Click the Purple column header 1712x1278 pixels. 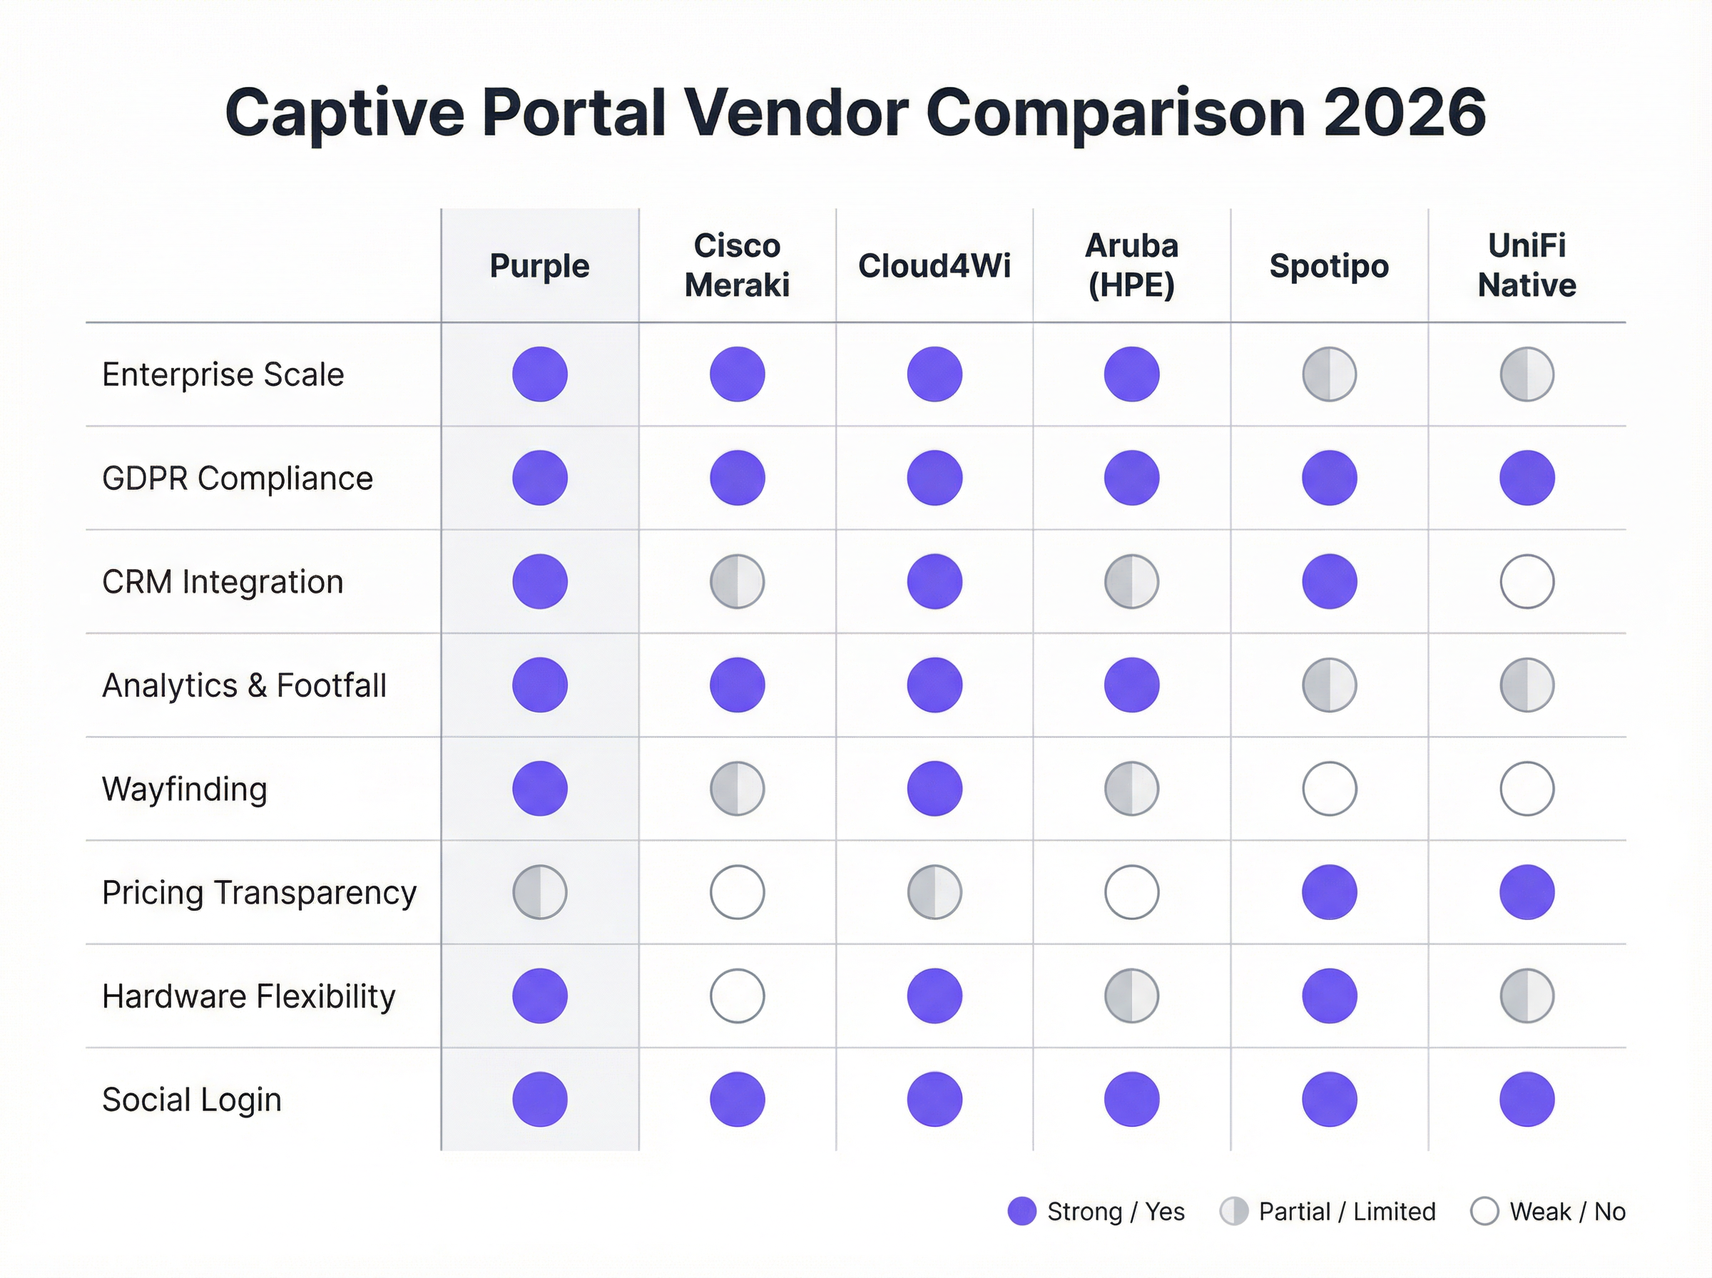(539, 266)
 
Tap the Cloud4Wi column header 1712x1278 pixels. (934, 266)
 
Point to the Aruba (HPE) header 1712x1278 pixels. (1131, 265)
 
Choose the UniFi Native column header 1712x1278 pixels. (1527, 265)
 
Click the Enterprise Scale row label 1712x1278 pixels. (223, 374)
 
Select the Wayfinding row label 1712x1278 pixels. (184, 789)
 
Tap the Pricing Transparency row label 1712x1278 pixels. (259, 893)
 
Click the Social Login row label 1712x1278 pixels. (191, 1099)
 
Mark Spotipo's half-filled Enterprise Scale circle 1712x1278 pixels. (1329, 374)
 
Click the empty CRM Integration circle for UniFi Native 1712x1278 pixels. (1527, 582)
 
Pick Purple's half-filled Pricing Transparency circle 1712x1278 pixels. (539, 892)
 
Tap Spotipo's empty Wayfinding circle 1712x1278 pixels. (1329, 789)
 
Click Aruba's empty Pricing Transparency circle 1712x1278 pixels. (1131, 892)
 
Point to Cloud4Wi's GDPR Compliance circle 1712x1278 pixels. (934, 478)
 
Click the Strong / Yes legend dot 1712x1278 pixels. (1021, 1212)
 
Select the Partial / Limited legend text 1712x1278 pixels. (1346, 1212)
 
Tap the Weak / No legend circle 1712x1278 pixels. (1484, 1212)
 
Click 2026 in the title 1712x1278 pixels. (1404, 113)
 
